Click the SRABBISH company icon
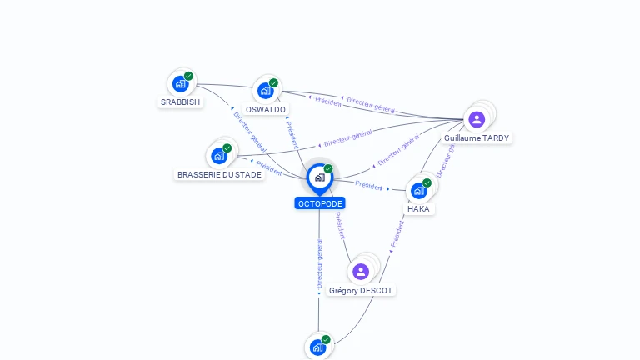(x=180, y=83)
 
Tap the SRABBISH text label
(x=180, y=102)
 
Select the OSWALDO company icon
(x=265, y=90)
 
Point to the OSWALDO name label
(x=266, y=109)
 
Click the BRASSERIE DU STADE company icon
(x=218, y=155)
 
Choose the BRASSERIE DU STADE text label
(x=219, y=175)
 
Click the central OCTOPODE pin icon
(x=319, y=177)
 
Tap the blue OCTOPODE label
(x=319, y=203)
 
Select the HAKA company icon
(x=418, y=190)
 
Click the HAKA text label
(x=418, y=209)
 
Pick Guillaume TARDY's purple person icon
(x=477, y=119)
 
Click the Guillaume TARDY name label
(x=477, y=138)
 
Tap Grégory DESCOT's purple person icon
(x=361, y=272)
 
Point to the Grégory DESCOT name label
(x=361, y=291)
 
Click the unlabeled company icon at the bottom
(x=317, y=347)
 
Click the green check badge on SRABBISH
(x=188, y=76)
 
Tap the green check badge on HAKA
(x=427, y=182)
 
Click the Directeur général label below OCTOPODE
(x=319, y=263)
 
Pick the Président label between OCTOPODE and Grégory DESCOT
(x=339, y=226)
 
